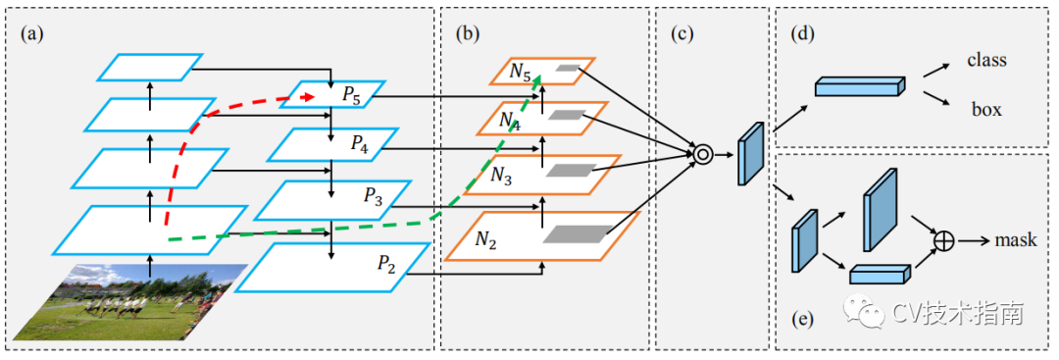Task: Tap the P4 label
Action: point(359,144)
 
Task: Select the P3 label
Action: point(374,196)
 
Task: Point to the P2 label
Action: point(387,263)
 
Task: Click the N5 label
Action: point(520,72)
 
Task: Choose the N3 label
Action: point(501,177)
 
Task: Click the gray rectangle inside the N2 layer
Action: point(579,233)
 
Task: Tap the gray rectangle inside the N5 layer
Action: point(568,69)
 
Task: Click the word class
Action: point(986,60)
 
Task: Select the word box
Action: point(986,110)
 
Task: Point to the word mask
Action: point(1015,239)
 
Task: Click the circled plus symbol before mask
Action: point(943,239)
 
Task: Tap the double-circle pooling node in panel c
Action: point(702,155)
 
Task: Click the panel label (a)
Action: point(31,33)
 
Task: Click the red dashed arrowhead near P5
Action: point(309,98)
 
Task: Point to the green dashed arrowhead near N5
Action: point(538,81)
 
